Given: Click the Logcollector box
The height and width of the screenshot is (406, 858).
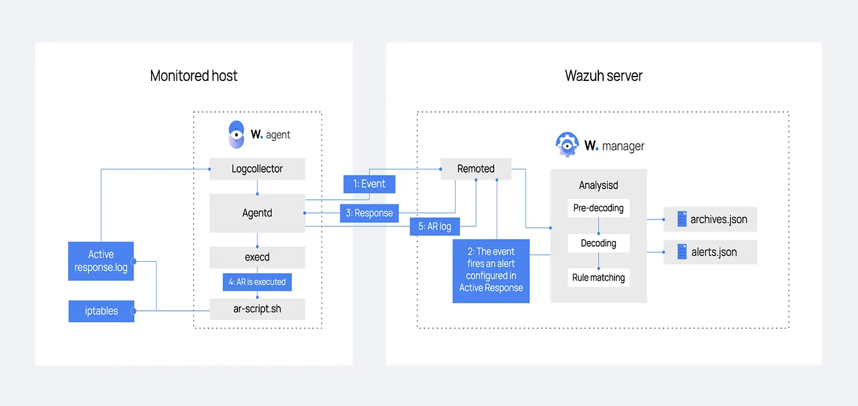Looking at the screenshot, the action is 257,169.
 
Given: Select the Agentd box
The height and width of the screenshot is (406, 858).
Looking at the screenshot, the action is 257,213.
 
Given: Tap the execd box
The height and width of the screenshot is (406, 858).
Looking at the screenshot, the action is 257,257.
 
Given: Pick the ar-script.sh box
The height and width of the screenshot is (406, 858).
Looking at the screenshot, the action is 257,309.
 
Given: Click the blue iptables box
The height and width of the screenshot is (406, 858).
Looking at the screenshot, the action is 101,311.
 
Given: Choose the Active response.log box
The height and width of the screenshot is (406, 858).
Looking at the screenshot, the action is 100,261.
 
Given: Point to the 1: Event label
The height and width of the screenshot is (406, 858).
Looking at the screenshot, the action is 369,184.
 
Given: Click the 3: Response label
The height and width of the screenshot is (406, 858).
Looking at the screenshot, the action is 369,213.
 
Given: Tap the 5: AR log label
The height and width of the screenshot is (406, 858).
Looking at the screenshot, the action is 435,226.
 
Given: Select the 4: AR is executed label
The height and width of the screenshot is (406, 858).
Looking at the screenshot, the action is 257,282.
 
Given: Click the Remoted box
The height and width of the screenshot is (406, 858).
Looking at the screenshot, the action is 476,169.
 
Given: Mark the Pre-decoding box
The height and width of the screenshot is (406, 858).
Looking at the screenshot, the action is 598,208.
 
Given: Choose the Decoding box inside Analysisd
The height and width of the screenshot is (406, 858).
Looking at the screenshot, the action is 598,243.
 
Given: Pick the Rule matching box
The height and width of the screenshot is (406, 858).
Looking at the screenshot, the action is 598,278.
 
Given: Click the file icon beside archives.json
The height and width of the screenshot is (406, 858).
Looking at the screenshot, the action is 682,219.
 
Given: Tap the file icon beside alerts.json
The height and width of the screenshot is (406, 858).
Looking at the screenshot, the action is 682,252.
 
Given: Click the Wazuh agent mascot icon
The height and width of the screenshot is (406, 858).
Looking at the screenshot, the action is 236,135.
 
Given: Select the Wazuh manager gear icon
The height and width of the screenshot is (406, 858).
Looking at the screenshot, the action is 567,145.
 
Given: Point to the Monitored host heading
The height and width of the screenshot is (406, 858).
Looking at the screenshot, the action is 194,76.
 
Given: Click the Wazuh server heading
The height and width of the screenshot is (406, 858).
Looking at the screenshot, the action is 603,76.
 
